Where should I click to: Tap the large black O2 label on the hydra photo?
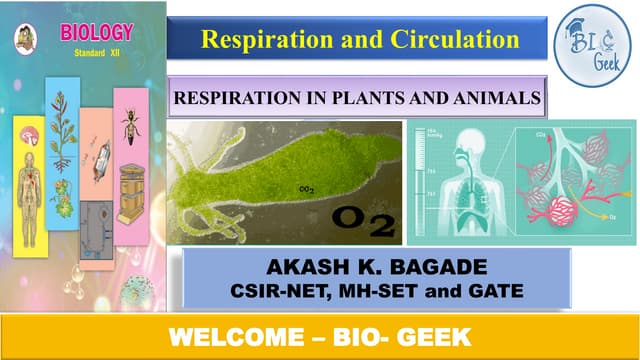pyautogui.click(x=355, y=217)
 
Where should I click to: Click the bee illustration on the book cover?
pyautogui.click(x=130, y=122)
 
